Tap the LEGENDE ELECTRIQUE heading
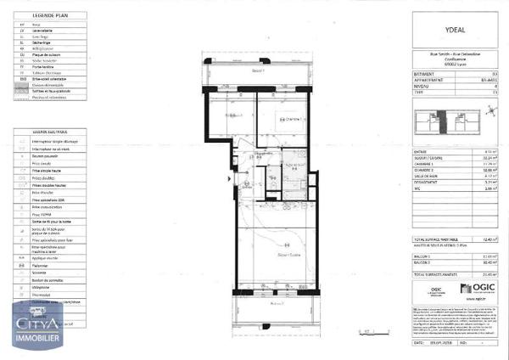click(50, 132)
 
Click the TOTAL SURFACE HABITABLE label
click(431, 240)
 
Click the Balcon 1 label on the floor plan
click(258, 71)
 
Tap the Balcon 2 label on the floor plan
click(275, 301)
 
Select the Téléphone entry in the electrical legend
click(43, 288)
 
